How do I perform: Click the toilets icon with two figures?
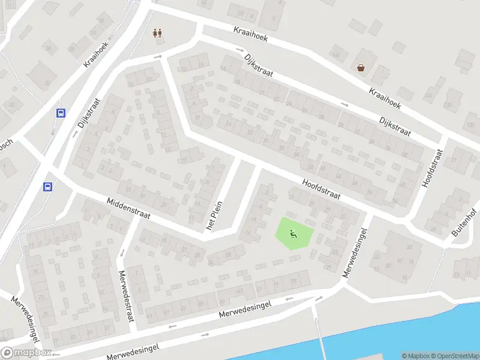(x=158, y=33)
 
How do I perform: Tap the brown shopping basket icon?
(x=361, y=68)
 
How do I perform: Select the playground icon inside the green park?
(x=293, y=234)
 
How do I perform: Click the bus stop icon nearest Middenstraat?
(x=47, y=187)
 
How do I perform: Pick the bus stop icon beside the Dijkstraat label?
(x=61, y=112)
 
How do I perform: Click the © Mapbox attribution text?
(x=416, y=356)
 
